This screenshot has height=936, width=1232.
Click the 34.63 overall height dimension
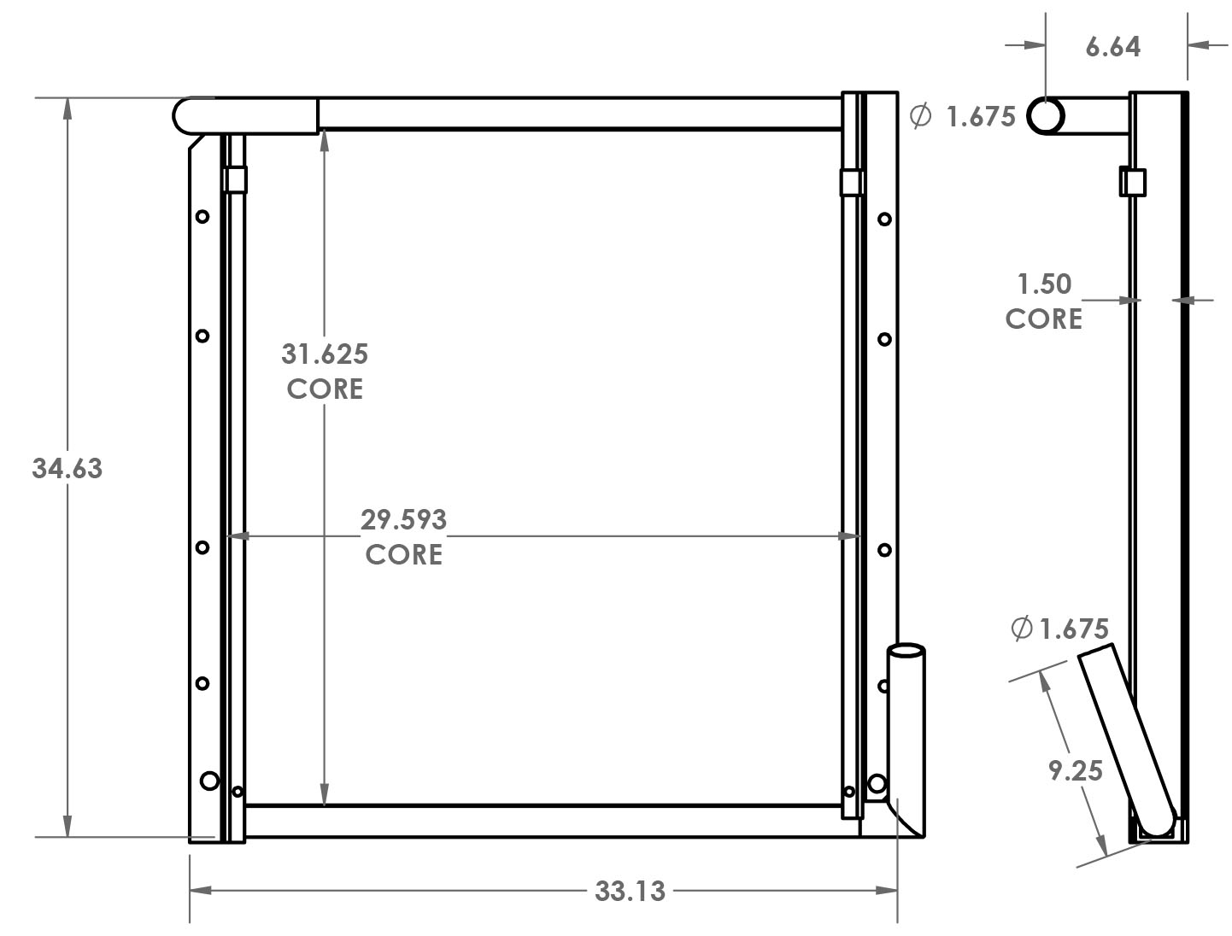(x=67, y=469)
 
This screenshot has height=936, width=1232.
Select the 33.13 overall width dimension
(x=630, y=892)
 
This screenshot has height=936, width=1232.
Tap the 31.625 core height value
(x=325, y=354)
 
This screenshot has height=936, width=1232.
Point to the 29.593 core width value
(x=403, y=519)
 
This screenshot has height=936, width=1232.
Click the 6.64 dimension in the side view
(x=1112, y=47)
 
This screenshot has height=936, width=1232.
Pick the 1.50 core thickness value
(x=1044, y=284)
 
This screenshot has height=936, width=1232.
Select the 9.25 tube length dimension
(x=1076, y=771)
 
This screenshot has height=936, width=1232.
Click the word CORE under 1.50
(x=1043, y=319)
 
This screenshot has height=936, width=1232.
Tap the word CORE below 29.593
(x=403, y=554)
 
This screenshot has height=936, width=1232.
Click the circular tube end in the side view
(x=1046, y=115)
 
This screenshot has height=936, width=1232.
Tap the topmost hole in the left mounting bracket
(x=202, y=217)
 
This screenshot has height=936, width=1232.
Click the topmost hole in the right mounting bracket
(x=884, y=219)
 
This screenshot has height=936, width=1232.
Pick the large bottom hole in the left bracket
(x=209, y=780)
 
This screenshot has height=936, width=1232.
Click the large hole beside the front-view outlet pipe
(x=877, y=782)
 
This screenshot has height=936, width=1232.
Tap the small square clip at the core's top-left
(x=235, y=180)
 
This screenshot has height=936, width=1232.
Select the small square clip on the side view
(x=1133, y=183)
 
